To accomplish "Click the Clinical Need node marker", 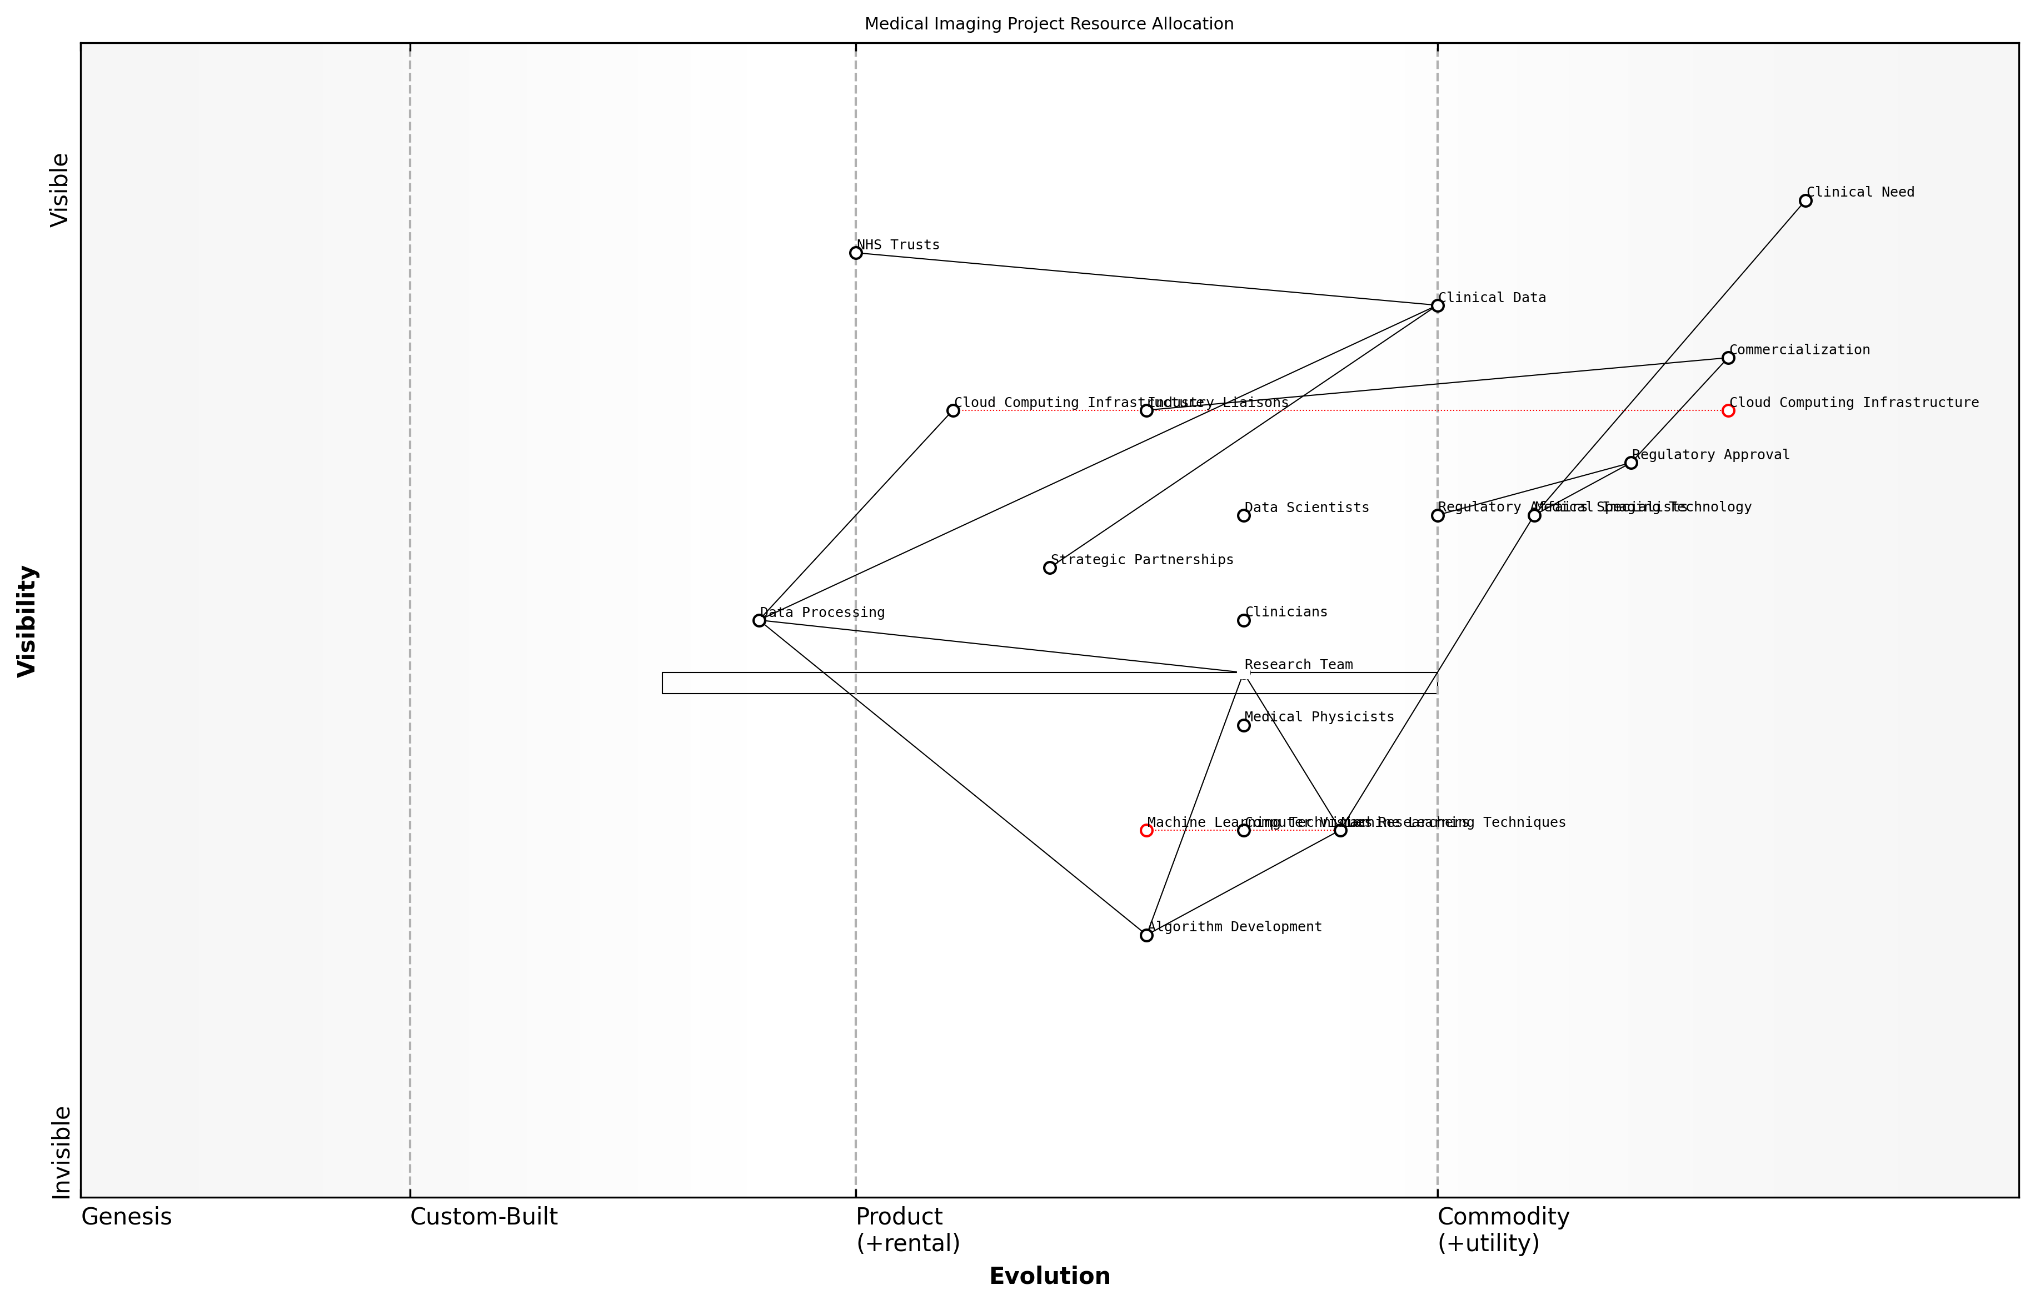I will coord(1805,201).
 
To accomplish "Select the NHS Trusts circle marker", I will coord(856,253).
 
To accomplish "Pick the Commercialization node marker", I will coord(1728,358).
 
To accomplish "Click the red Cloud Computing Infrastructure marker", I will coord(1728,410).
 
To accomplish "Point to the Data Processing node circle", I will coord(759,620).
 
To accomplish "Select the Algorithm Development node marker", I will coord(1146,936).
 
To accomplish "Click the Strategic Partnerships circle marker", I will coord(1050,568).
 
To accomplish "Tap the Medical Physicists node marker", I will coord(1244,725).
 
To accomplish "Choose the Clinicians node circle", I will coord(1244,620).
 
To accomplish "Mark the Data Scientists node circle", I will coord(1244,515).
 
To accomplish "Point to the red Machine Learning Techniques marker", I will coord(1146,830).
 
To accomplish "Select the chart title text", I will coord(1049,24).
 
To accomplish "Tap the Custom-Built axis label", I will coord(483,1217).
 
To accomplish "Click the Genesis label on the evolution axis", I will coord(126,1217).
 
